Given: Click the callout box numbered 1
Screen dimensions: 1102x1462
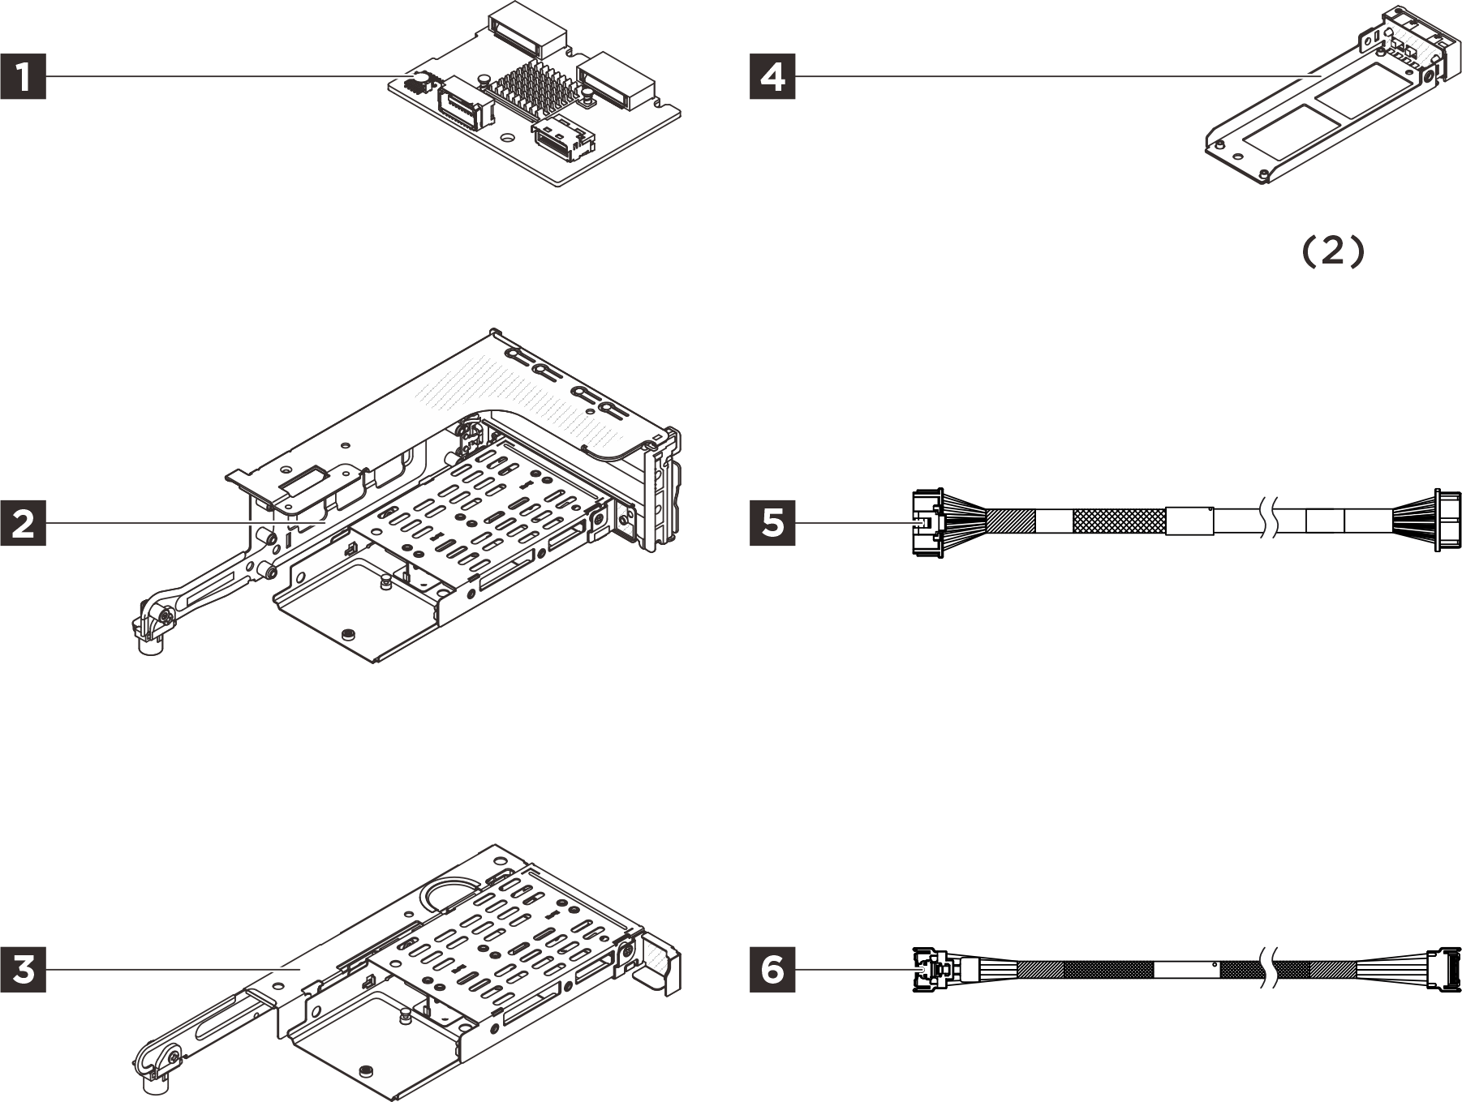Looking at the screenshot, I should (23, 76).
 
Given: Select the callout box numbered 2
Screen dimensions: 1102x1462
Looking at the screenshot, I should (23, 523).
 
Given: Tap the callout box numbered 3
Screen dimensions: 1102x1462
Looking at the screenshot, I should (23, 968).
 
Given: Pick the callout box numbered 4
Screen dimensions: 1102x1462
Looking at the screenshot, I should (772, 76).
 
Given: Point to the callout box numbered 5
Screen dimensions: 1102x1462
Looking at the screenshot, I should (772, 523).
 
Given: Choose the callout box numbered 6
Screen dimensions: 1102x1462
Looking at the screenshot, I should (772, 968).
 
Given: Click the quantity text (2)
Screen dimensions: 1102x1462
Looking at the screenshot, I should (1333, 251).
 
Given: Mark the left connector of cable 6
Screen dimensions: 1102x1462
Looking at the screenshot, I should (930, 968).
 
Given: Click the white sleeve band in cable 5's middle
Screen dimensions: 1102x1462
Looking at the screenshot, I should (1189, 521).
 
